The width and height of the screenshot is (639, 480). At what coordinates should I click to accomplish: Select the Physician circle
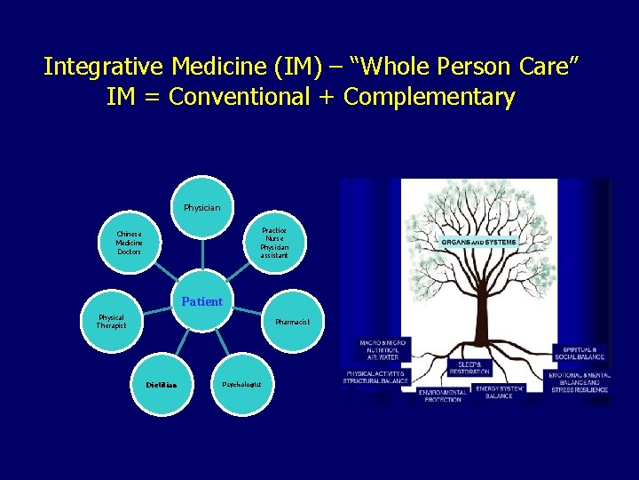pyautogui.click(x=202, y=207)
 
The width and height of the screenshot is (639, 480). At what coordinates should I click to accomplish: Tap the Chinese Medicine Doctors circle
pyautogui.click(x=129, y=242)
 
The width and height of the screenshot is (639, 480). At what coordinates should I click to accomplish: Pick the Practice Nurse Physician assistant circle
pyautogui.click(x=273, y=242)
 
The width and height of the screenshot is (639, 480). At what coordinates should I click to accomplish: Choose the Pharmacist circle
pyautogui.click(x=292, y=322)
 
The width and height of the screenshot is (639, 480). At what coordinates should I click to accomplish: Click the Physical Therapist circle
pyautogui.click(x=112, y=321)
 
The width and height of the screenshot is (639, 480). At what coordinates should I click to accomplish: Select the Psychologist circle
pyautogui.click(x=241, y=384)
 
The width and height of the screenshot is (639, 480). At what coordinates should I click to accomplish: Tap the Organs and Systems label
pyautogui.click(x=479, y=242)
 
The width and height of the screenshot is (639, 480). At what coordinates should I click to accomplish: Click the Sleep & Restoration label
pyautogui.click(x=469, y=367)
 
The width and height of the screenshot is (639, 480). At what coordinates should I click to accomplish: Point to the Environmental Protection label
pyautogui.click(x=441, y=396)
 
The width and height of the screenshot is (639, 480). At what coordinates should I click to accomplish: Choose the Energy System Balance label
pyautogui.click(x=499, y=391)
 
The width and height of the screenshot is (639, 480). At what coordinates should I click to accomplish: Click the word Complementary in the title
pyautogui.click(x=429, y=97)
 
